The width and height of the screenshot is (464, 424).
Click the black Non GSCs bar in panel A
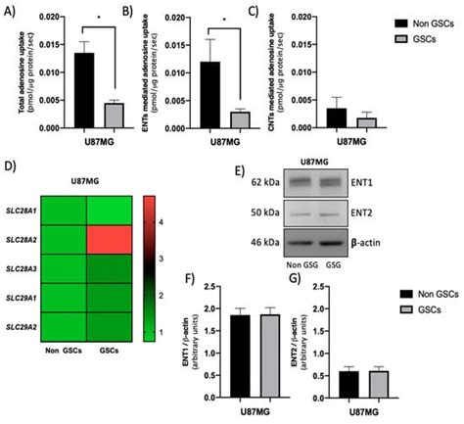(85, 91)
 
